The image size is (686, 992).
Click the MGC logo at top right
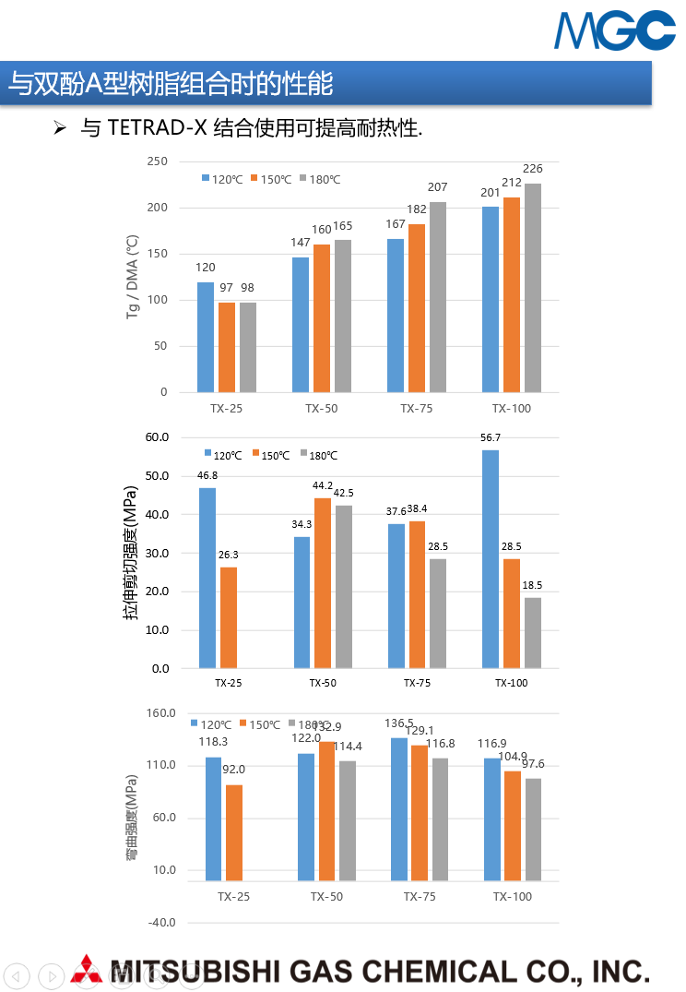[x=614, y=30]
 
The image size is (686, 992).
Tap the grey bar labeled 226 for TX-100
[x=533, y=288]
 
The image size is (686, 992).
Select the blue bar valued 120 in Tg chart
[x=206, y=337]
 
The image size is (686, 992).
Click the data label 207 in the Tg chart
[x=437, y=187]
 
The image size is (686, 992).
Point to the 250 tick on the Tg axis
[x=157, y=161]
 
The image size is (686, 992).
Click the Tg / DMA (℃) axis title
[x=133, y=277]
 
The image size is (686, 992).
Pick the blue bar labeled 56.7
[x=491, y=559]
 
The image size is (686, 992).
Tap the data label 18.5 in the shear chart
[x=532, y=585]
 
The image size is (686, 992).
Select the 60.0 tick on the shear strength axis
[x=157, y=437]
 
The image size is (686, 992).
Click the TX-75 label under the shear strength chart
[x=417, y=684]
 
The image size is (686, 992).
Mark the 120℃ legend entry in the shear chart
[x=222, y=455]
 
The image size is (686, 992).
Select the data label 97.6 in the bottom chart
[x=533, y=764]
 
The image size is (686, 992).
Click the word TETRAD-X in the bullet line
[x=156, y=128]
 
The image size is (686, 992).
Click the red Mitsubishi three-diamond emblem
[x=87, y=970]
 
